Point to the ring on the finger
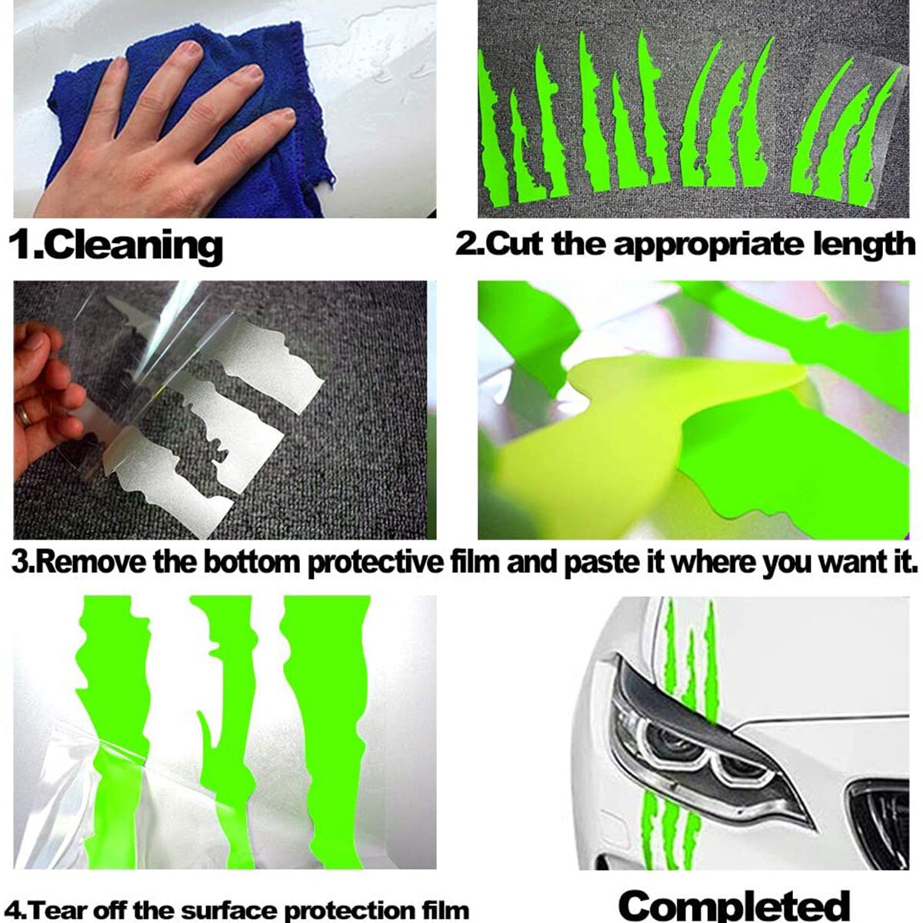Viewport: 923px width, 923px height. (26, 415)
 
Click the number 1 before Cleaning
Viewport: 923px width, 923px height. (20, 245)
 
